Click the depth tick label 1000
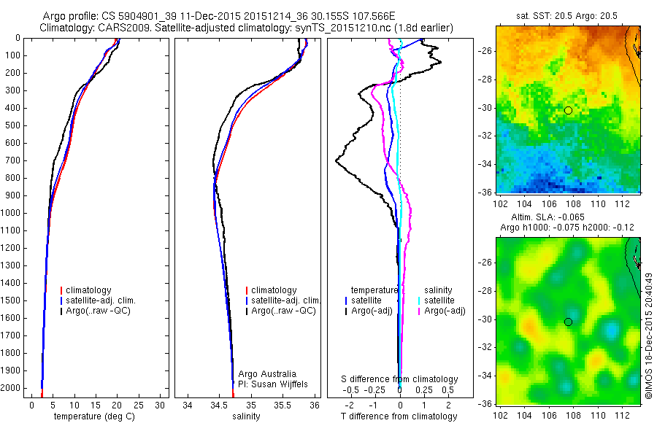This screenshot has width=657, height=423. (12, 213)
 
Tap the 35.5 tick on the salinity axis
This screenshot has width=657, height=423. (283, 405)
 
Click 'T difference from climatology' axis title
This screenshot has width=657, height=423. (400, 416)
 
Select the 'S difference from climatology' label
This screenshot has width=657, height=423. (400, 379)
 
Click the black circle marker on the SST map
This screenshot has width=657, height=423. (568, 110)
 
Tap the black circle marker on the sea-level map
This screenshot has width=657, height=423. (568, 322)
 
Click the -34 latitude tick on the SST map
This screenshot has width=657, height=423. (485, 164)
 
